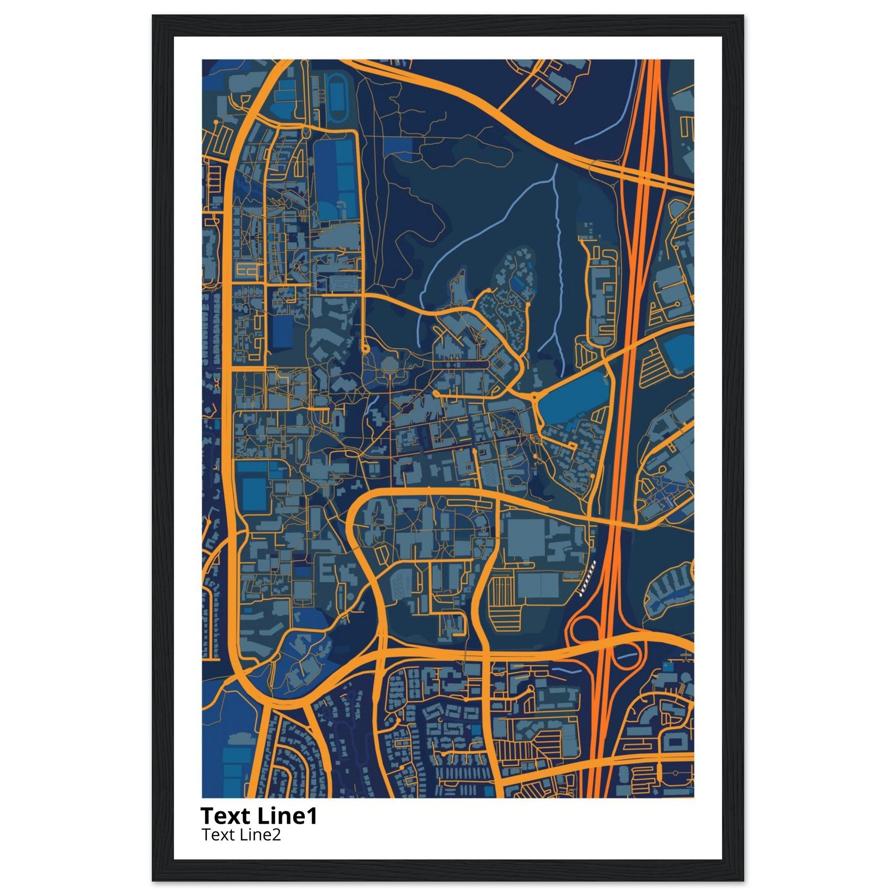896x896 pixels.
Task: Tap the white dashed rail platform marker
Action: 587,578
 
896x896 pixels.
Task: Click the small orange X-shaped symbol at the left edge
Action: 217,384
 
